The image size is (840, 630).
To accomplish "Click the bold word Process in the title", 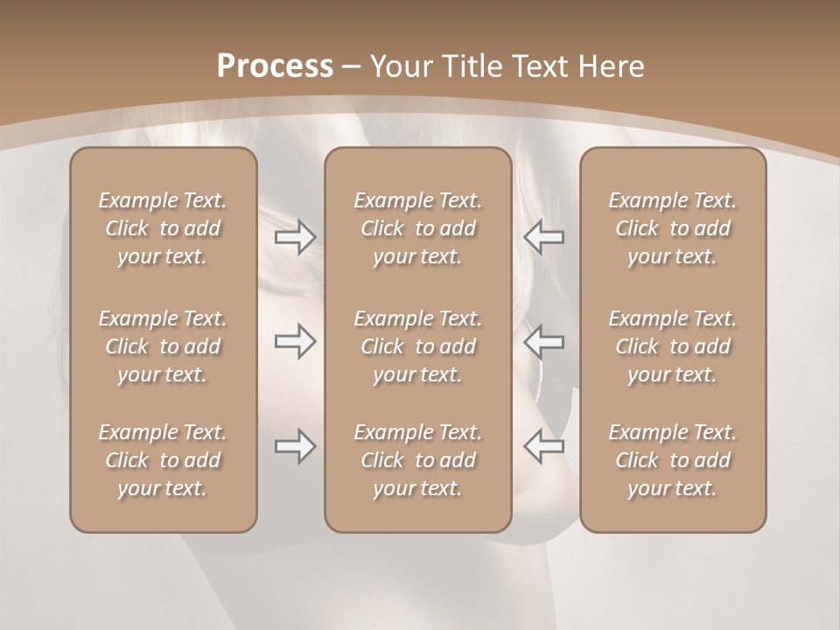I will coord(275,66).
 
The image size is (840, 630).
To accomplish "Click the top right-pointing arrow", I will coord(295,237).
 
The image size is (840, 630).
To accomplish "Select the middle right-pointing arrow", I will coord(295,341).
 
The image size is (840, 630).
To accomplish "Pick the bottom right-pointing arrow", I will coord(295,446).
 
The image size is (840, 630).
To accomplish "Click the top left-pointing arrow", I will coord(543,237).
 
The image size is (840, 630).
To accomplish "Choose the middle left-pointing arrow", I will coord(543,341).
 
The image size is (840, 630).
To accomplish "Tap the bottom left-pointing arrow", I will coord(543,446).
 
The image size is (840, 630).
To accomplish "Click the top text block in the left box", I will coord(163,228).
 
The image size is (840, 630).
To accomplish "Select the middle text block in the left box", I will coord(163,346).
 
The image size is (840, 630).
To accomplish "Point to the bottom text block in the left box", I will coord(163,460).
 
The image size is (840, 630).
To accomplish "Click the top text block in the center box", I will coord(417,228).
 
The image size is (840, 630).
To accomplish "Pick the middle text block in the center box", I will coord(417,346).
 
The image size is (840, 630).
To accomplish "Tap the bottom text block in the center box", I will coord(417,460).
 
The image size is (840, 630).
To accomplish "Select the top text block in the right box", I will coord(672,228).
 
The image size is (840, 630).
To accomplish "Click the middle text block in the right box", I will coord(672,346).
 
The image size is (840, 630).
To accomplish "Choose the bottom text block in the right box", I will coord(672,460).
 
